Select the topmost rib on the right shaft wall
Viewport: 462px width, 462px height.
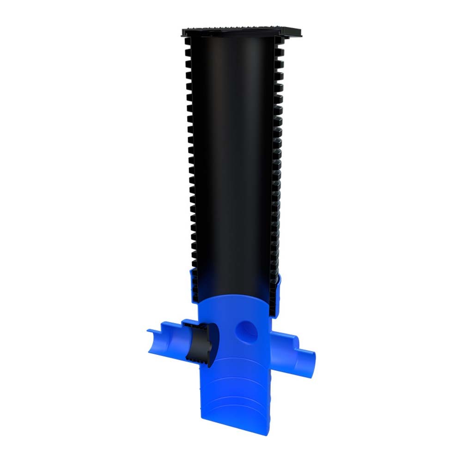click(x=280, y=43)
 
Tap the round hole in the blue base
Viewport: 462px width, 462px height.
click(x=245, y=329)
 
